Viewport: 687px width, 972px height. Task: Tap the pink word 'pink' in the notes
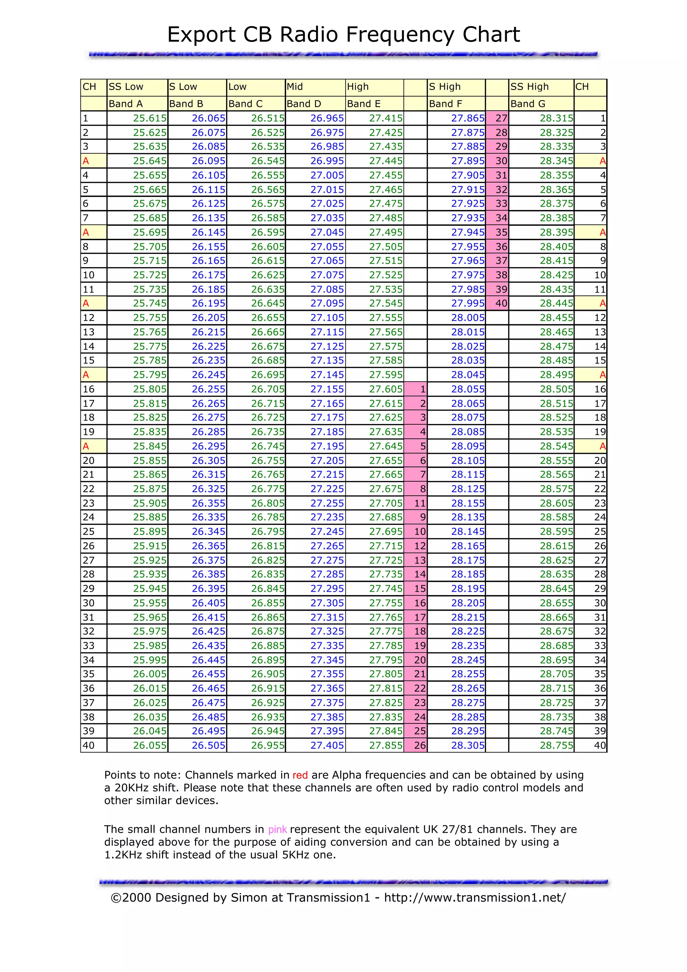277,830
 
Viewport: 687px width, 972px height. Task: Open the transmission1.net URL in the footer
475,898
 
